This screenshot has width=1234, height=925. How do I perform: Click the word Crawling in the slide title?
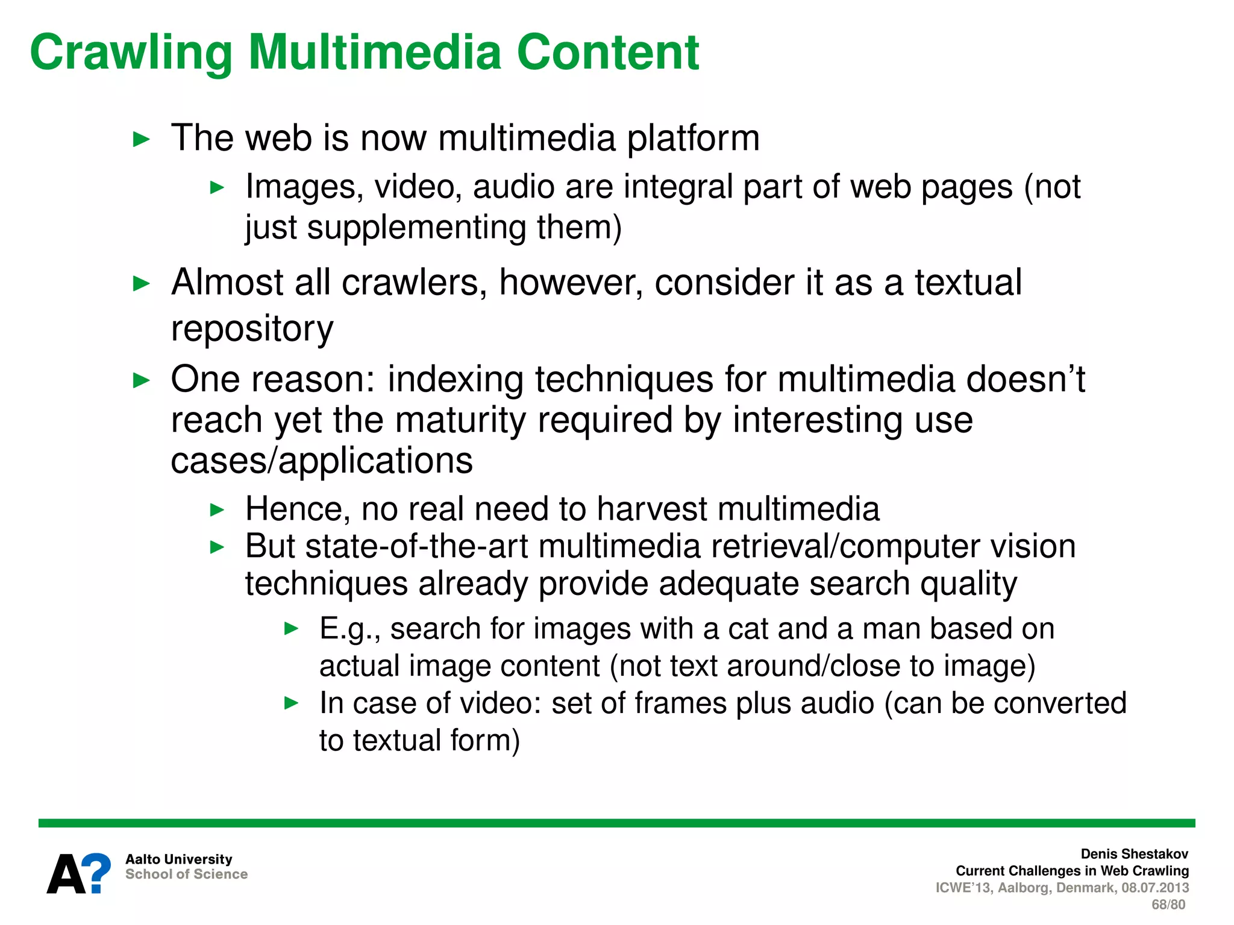131,53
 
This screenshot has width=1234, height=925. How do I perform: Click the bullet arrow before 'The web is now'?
141,140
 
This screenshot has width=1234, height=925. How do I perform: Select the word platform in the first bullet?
693,139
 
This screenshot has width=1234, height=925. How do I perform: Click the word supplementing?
416,228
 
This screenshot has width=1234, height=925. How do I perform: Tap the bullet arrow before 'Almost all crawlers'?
141,283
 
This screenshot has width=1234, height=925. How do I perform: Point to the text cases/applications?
322,461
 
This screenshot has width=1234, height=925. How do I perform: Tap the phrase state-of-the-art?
419,547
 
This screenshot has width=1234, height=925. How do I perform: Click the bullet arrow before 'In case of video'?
292,703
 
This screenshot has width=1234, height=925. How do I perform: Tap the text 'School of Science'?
186,874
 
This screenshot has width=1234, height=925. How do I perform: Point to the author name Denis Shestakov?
1134,854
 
